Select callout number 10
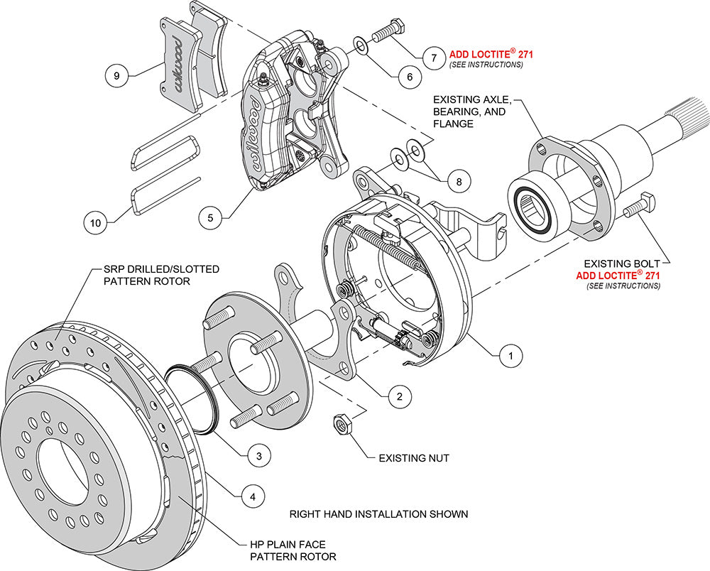(x=96, y=222)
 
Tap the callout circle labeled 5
(x=209, y=217)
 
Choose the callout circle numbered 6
(x=404, y=77)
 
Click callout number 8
(x=459, y=181)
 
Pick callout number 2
(x=400, y=396)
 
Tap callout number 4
(x=248, y=496)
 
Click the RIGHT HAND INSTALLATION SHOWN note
(x=378, y=513)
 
